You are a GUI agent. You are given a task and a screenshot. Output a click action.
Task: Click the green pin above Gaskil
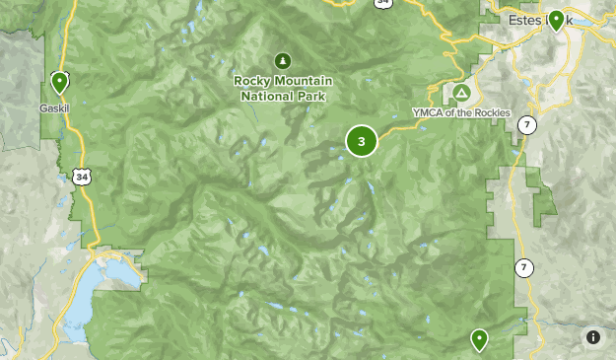59,83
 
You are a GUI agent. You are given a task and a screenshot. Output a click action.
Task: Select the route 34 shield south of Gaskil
80,176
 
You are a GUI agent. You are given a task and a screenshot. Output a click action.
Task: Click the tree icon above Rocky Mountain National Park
284,60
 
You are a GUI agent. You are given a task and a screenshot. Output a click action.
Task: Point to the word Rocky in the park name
252,81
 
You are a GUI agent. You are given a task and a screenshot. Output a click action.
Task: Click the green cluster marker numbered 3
362,142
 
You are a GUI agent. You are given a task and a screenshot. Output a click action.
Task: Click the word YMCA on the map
428,113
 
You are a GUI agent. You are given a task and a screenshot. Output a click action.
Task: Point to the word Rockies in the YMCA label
490,113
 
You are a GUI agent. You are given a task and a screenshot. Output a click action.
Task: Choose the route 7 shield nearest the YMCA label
527,124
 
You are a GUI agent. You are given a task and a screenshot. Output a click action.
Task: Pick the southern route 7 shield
522,267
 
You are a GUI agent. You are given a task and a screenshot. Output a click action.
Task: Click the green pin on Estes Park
556,20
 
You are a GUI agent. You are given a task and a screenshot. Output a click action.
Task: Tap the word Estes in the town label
522,20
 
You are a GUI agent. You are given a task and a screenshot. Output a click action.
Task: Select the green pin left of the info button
479,340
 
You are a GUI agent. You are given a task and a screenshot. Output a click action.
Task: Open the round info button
593,337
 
